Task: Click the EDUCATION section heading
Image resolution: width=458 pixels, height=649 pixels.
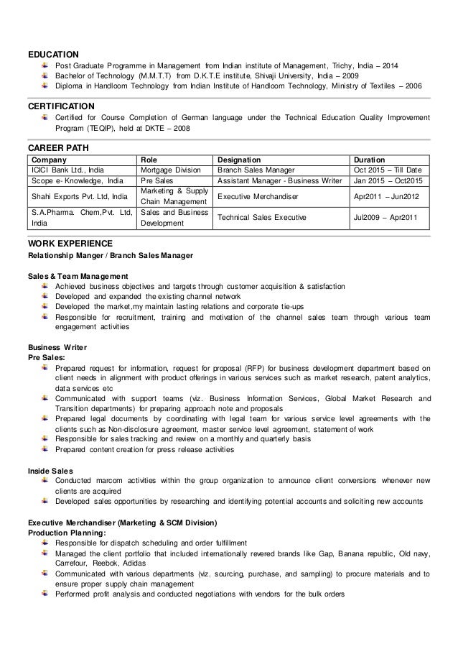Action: (53, 53)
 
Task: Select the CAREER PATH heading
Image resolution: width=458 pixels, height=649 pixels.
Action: (57, 147)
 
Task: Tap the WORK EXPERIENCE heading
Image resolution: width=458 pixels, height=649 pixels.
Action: (69, 244)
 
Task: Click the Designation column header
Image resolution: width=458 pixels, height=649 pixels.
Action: (240, 159)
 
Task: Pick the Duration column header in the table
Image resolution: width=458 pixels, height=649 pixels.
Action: (375, 159)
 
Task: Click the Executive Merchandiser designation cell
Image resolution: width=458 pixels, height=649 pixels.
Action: (258, 195)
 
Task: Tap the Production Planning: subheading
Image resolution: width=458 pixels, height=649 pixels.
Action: (66, 533)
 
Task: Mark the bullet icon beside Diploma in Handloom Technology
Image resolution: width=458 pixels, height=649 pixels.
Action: (45, 86)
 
